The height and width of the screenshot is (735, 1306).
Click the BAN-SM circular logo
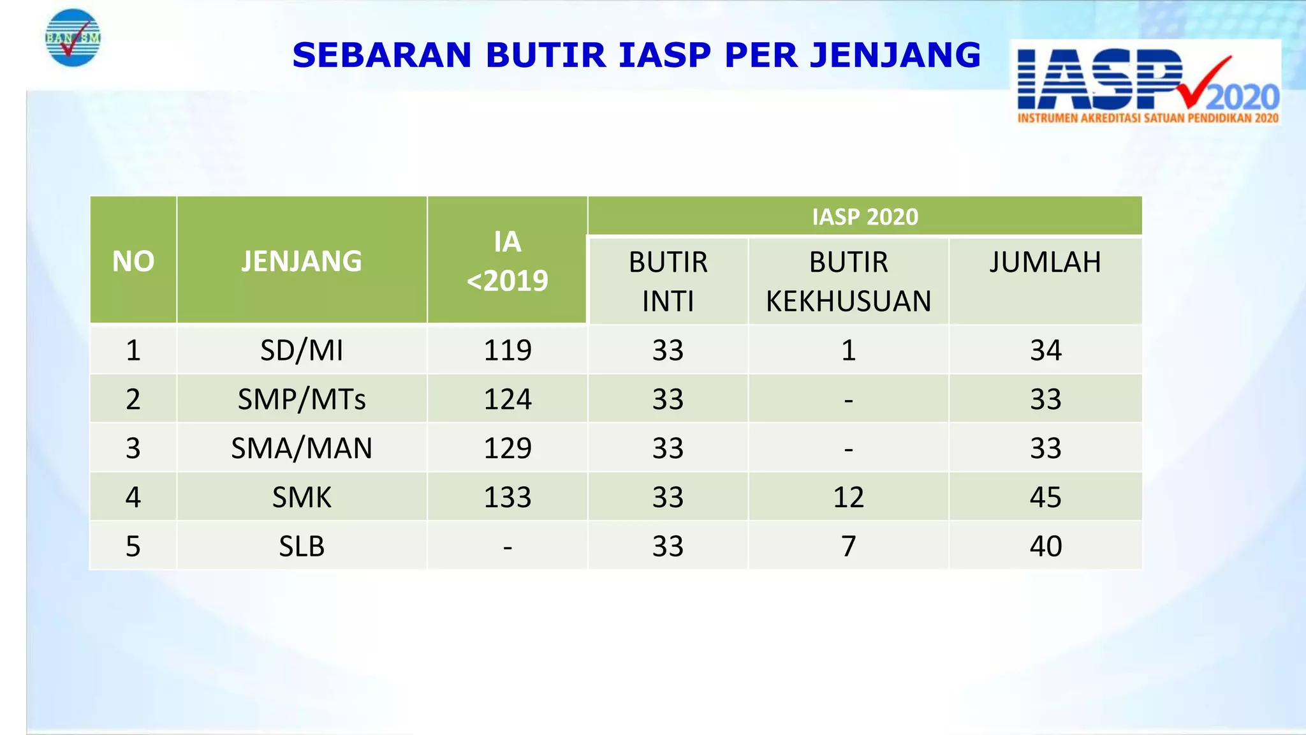(x=73, y=38)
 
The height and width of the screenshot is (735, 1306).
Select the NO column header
(x=133, y=261)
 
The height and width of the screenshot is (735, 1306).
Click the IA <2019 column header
(x=507, y=261)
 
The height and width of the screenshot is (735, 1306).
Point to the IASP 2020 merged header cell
(x=865, y=217)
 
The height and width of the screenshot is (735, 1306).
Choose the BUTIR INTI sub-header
(x=668, y=281)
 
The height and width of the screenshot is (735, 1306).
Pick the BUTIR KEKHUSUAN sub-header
(x=848, y=281)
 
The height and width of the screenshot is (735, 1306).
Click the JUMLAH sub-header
(x=1045, y=262)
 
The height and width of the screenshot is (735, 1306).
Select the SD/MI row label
(x=302, y=350)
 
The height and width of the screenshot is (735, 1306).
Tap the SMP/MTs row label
(x=302, y=399)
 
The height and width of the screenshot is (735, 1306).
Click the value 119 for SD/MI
(x=508, y=350)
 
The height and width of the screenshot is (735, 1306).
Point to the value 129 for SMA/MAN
(x=508, y=449)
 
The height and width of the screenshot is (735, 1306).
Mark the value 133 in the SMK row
(x=508, y=498)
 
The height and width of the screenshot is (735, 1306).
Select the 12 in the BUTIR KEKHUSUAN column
(x=848, y=498)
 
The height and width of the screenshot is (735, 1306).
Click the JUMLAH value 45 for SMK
(x=1045, y=498)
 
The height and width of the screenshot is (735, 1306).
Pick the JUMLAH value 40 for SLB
(x=1045, y=547)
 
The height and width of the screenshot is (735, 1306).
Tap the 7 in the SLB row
(x=848, y=547)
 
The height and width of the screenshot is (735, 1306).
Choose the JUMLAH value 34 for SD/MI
(x=1045, y=350)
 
